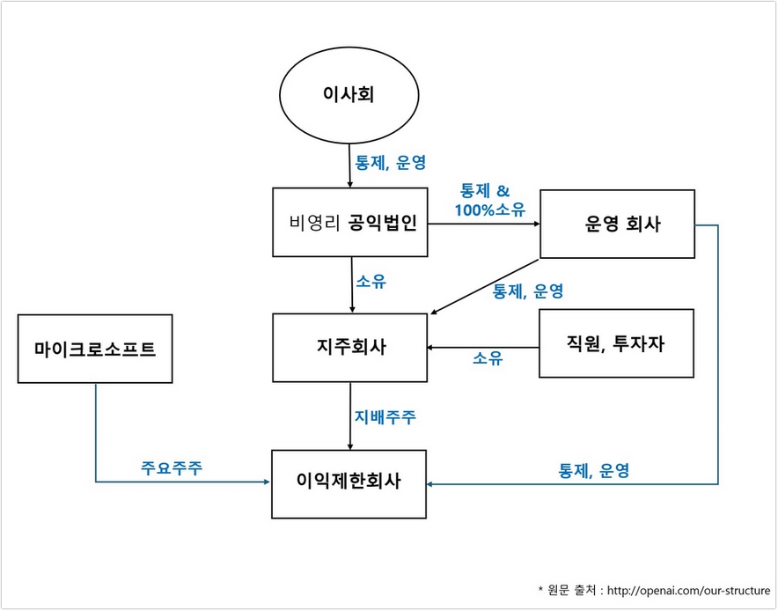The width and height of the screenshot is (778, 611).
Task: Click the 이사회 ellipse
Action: coord(349,94)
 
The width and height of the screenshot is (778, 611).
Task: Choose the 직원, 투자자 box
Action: coord(616,343)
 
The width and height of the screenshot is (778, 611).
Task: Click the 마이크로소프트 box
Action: coord(94,349)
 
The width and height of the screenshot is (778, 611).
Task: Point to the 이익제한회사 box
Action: coord(349,482)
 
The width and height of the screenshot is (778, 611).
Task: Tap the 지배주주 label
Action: coord(385,416)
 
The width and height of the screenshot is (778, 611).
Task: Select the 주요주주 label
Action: coord(172,467)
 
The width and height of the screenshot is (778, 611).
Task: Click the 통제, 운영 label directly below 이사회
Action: coord(390,163)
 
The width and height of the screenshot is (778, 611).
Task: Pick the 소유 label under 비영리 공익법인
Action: coord(371,282)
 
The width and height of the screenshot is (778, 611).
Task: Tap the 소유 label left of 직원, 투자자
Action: coord(488,357)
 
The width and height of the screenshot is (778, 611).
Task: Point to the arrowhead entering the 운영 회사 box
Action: coord(534,224)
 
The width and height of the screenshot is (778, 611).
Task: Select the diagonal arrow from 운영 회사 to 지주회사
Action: coord(484,285)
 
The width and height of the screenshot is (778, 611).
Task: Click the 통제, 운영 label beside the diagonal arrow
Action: coord(528,291)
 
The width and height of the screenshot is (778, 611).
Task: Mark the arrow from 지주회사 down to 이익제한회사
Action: coord(350,416)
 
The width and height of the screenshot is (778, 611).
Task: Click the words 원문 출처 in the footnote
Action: coord(569,589)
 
